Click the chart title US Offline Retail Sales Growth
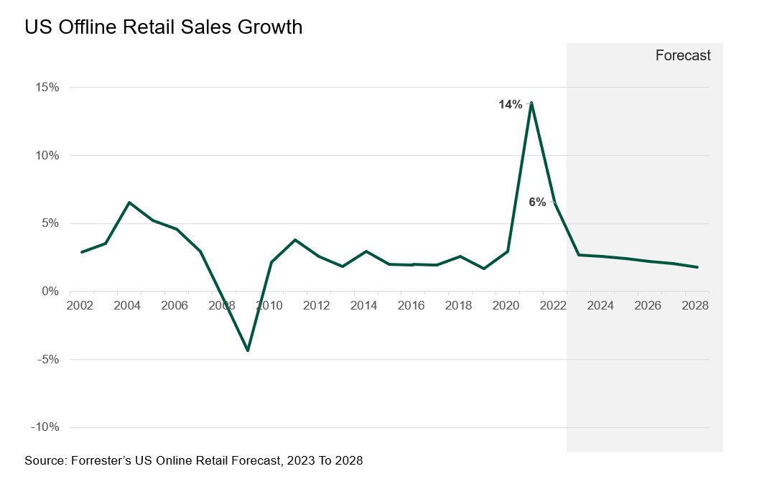click(163, 27)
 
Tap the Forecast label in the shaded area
click(682, 55)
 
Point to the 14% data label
click(511, 105)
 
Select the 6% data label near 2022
click(537, 203)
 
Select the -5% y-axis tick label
click(47, 360)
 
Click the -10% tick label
click(45, 428)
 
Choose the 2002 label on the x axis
click(80, 306)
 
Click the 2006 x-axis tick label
click(175, 306)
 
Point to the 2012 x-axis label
click(317, 306)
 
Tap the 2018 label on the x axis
click(459, 306)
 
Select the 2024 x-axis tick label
click(600, 306)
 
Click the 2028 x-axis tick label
click(695, 306)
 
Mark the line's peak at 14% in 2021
click(531, 103)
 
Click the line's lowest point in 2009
click(248, 350)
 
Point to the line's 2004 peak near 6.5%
click(129, 203)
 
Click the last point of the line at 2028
click(697, 267)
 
